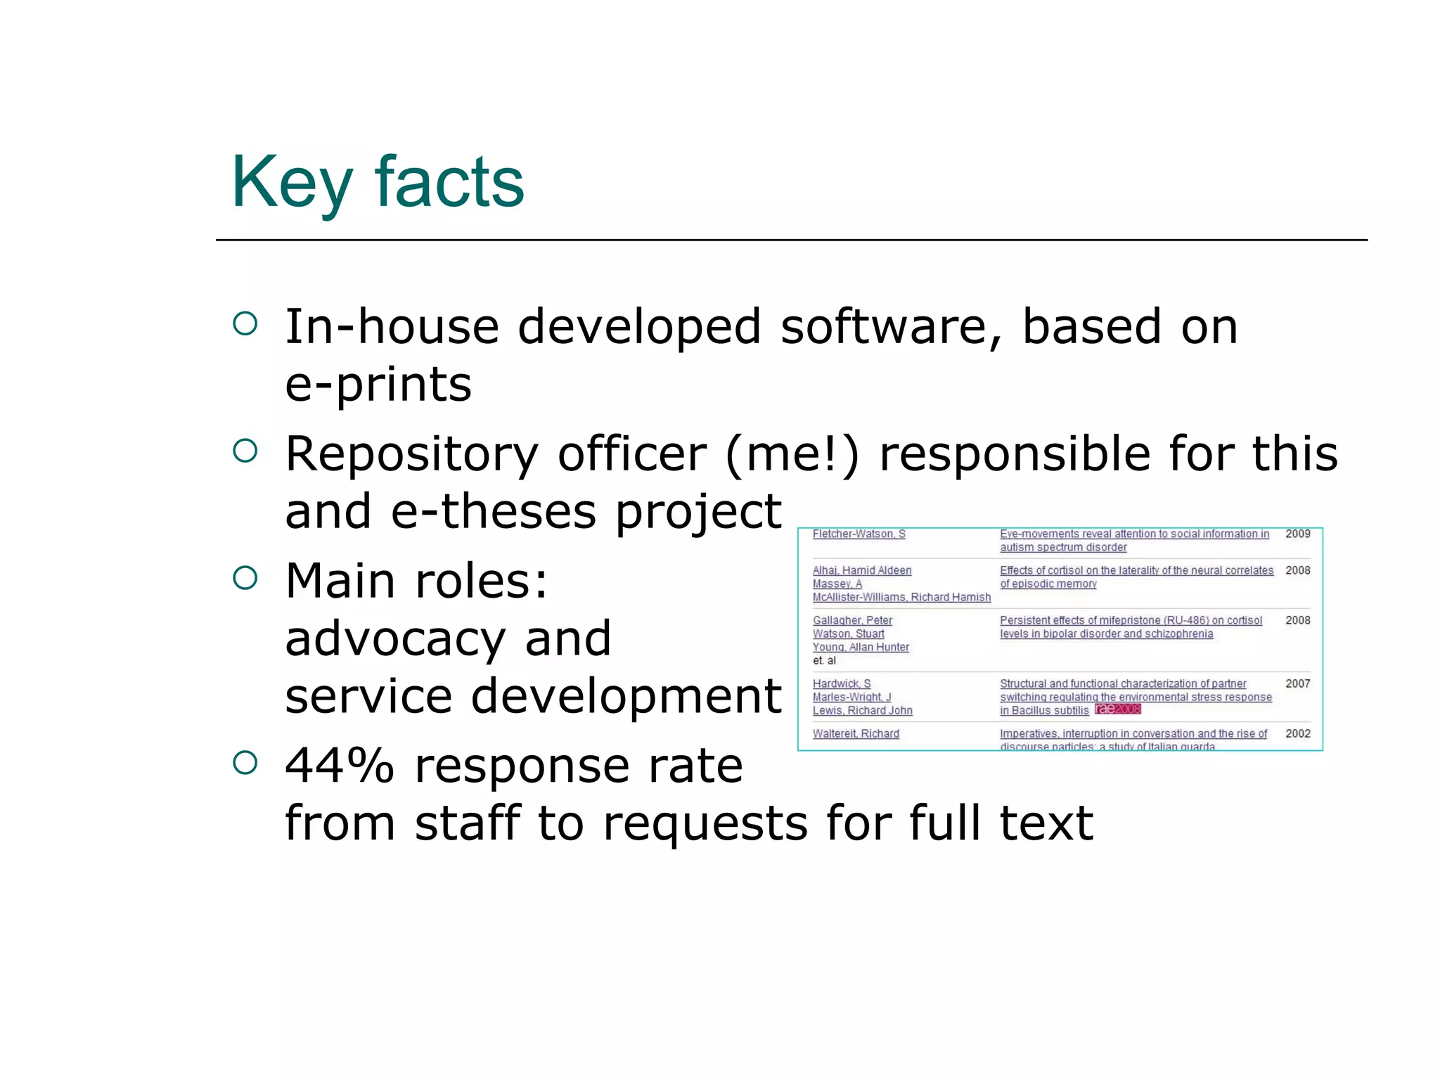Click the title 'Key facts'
pyautogui.click(x=378, y=183)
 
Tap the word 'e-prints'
pyautogui.click(x=378, y=385)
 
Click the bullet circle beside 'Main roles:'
pyautogui.click(x=245, y=578)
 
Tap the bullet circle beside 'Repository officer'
pyautogui.click(x=245, y=451)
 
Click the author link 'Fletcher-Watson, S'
pyautogui.click(x=859, y=534)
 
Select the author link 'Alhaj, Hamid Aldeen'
pyautogui.click(x=862, y=571)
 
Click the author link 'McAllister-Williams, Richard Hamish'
pyautogui.click(x=901, y=598)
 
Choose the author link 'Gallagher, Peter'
pyautogui.click(x=852, y=621)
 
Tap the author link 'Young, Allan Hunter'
pyautogui.click(x=861, y=648)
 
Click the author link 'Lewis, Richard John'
pyautogui.click(x=862, y=711)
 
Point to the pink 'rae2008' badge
pyautogui.click(x=1117, y=709)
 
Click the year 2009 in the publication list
pyautogui.click(x=1297, y=534)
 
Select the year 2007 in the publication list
pyautogui.click(x=1297, y=684)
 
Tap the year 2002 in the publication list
pyautogui.click(x=1297, y=734)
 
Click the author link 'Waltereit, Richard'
pyautogui.click(x=856, y=734)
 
